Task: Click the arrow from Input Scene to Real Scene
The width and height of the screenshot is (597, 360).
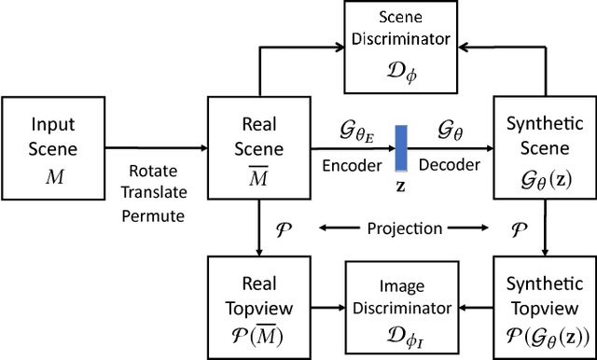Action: (154, 146)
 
